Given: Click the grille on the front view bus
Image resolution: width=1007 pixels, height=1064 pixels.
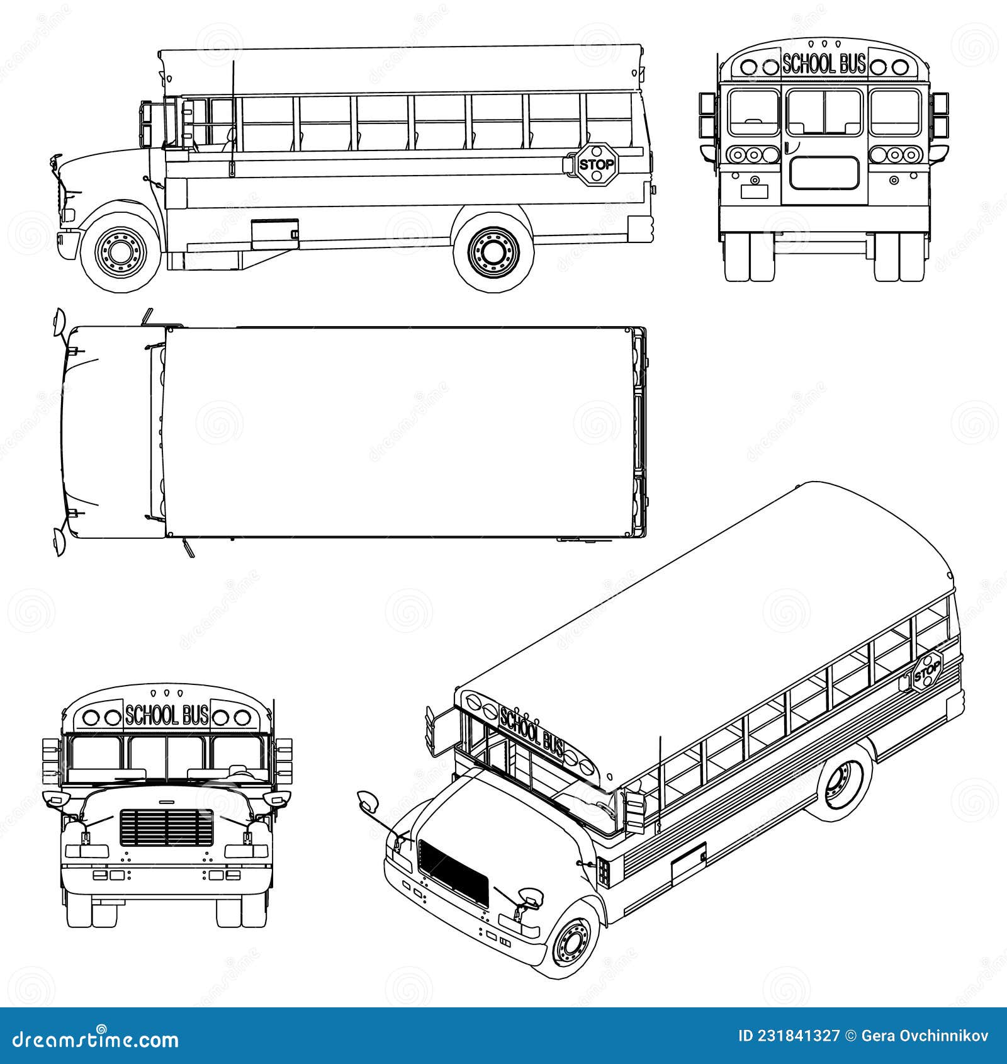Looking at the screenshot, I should tap(166, 827).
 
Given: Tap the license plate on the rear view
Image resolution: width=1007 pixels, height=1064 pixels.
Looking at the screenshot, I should tap(754, 191).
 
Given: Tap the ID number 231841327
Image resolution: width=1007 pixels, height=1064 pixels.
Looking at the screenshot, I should tap(790, 1036).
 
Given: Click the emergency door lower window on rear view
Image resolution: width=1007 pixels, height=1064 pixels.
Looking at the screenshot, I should tap(824, 173).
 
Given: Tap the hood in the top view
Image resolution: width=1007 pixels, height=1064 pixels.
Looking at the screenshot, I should tap(107, 431).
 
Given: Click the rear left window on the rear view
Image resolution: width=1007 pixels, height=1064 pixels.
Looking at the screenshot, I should tap(753, 112).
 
